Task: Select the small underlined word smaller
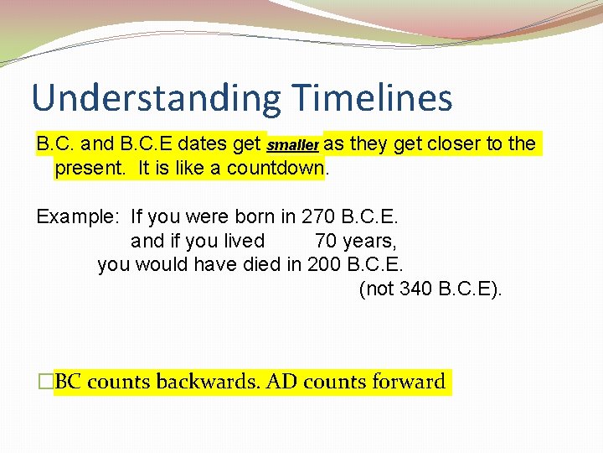pyautogui.click(x=293, y=145)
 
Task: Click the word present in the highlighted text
pyautogui.click(x=89, y=168)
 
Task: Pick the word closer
pyautogui.click(x=453, y=143)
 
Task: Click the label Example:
pyautogui.click(x=78, y=217)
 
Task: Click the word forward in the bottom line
pyautogui.click(x=405, y=382)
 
